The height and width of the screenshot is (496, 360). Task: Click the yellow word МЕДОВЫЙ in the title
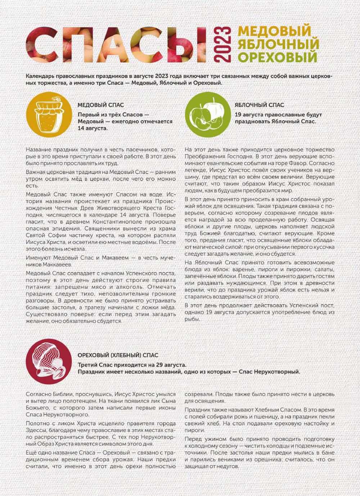click(x=274, y=31)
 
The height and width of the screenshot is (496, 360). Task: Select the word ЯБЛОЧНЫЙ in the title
click(x=278, y=44)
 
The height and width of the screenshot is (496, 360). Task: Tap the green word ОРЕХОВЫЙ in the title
click(x=278, y=57)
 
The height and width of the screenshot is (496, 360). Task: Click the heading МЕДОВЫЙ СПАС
click(x=101, y=105)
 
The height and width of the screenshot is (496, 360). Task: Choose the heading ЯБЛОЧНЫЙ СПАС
click(x=259, y=105)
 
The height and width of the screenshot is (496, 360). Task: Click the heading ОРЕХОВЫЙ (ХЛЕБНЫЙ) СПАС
click(x=118, y=355)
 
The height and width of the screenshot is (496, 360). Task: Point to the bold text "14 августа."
click(x=93, y=128)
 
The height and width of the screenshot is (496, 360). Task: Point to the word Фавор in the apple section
click(x=294, y=163)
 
